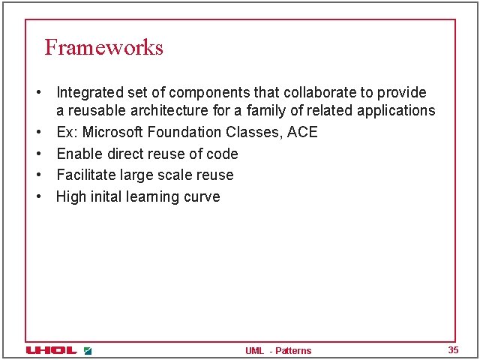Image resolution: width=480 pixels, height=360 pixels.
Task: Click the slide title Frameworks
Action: click(x=103, y=47)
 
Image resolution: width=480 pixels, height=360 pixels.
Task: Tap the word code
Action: click(x=223, y=154)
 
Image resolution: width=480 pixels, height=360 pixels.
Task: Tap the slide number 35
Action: click(x=453, y=350)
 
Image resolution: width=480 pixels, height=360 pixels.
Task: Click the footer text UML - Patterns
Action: click(x=278, y=351)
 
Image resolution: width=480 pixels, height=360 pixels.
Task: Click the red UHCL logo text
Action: click(x=52, y=350)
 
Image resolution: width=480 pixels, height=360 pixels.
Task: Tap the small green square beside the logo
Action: click(x=88, y=350)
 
